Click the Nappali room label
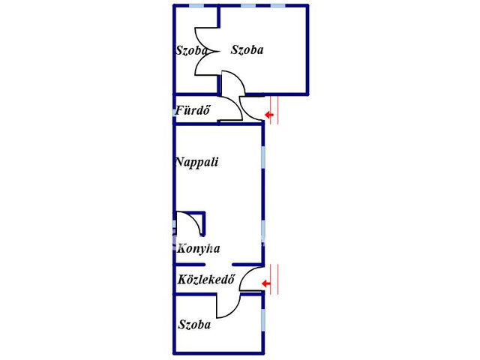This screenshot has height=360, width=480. click(197, 162)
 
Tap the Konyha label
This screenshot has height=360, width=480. click(199, 248)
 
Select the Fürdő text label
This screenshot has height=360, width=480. click(193, 110)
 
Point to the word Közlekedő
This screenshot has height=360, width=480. click(206, 279)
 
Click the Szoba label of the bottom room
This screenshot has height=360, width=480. click(194, 325)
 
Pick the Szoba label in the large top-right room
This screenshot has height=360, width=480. click(247, 49)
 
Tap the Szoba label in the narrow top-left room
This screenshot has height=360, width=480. click(191, 50)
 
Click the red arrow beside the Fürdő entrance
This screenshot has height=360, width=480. click(269, 115)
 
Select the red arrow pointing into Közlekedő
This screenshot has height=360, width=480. click(266, 283)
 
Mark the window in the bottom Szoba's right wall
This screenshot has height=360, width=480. click(263, 320)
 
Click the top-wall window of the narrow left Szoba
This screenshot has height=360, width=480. click(196, 6)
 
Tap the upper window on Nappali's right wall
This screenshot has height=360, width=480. click(263, 157)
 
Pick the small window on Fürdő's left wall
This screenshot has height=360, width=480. click(174, 112)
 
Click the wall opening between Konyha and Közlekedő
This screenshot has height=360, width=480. click(218, 265)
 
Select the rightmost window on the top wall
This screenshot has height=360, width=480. click(278, 6)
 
